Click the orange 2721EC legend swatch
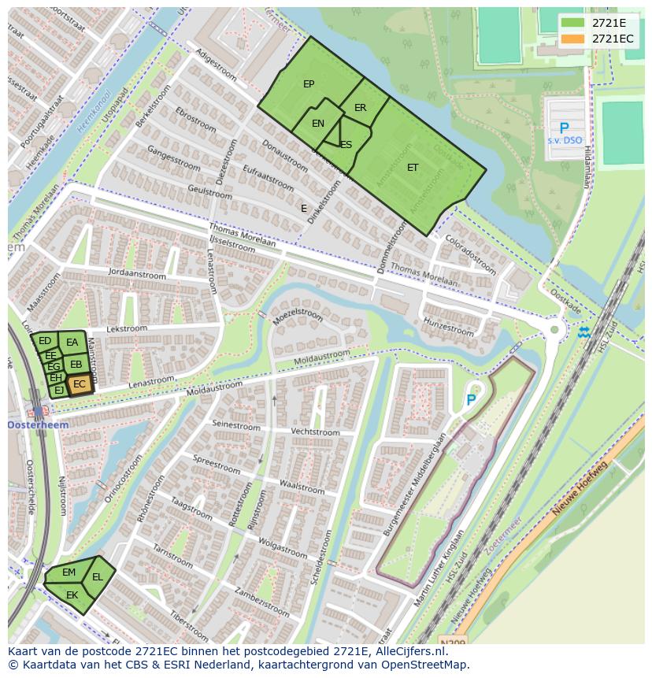572,39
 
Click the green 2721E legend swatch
572,23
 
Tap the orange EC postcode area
79,384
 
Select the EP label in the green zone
309,84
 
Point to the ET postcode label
413,168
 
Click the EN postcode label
318,124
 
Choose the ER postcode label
360,108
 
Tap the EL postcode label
98,577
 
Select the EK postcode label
72,595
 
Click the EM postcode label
69,572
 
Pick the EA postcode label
72,343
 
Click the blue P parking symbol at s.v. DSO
564,128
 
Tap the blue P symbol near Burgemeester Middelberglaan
471,400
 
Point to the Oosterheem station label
38,425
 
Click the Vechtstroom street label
315,432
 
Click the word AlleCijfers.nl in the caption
410,651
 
